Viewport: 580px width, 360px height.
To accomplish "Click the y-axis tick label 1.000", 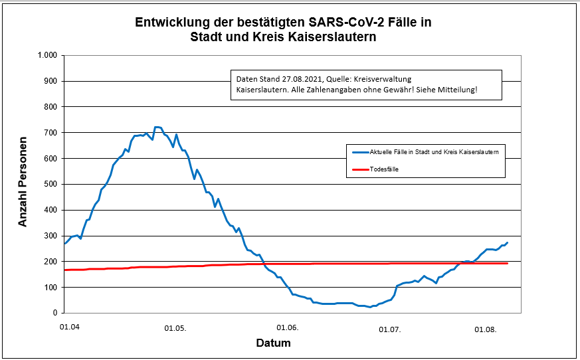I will [48, 55].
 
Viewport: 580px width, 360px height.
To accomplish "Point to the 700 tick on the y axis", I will [51, 132].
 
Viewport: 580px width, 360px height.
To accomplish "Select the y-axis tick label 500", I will [51, 184].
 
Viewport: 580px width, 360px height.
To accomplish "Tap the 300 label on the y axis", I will [51, 236].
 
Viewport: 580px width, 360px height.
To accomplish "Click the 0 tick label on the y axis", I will [56, 313].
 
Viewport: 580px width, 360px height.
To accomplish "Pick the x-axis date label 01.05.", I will [175, 327].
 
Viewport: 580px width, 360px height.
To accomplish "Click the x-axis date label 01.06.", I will [287, 327].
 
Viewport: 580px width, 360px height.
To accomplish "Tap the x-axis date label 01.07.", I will [390, 327].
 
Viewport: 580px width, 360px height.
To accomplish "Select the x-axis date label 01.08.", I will [486, 327].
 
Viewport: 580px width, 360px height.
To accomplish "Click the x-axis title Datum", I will [273, 343].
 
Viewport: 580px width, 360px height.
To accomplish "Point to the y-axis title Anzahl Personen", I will [23, 182].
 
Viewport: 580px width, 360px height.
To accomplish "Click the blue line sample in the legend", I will [360, 152].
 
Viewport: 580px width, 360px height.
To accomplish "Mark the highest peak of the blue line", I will [157, 127].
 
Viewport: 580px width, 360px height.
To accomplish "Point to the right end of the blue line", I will [508, 242].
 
